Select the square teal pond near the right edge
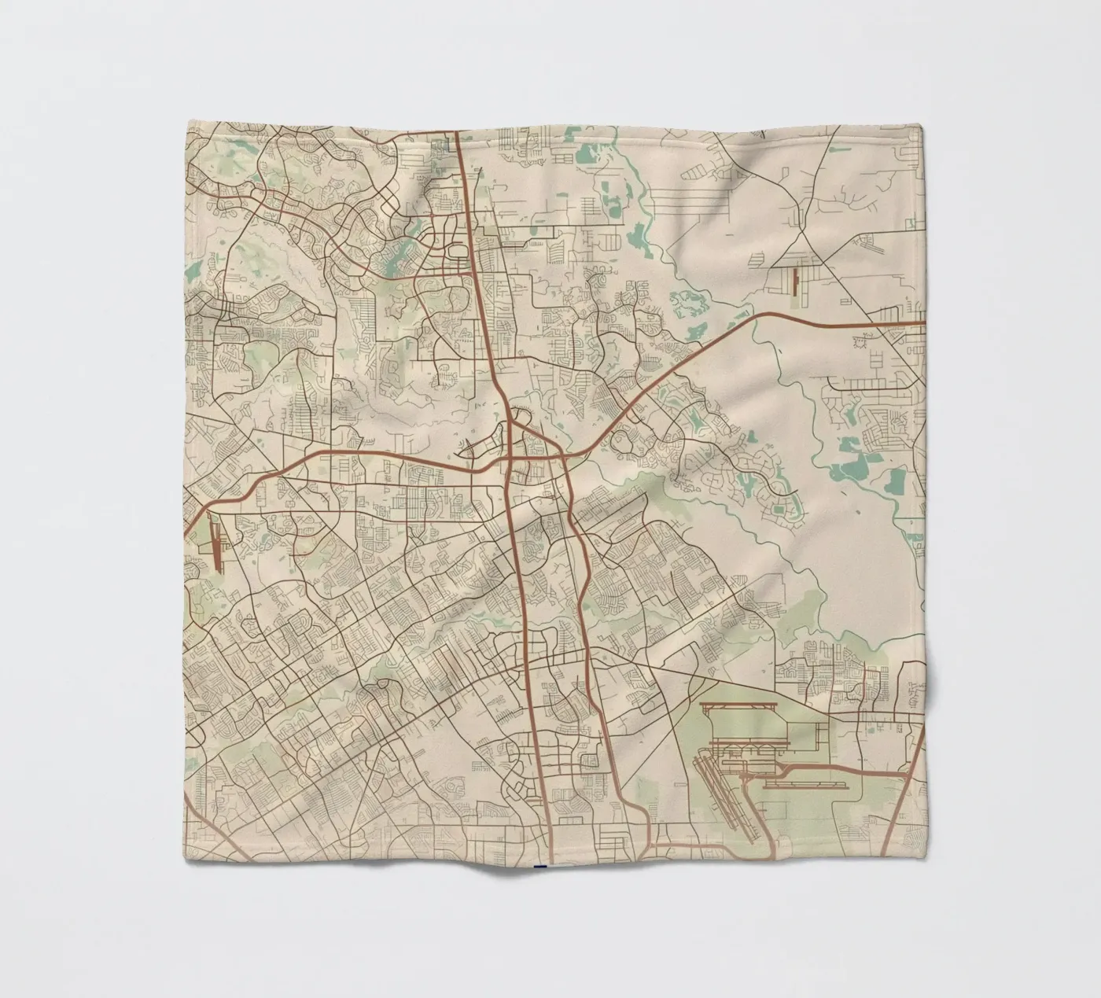(896, 481)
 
